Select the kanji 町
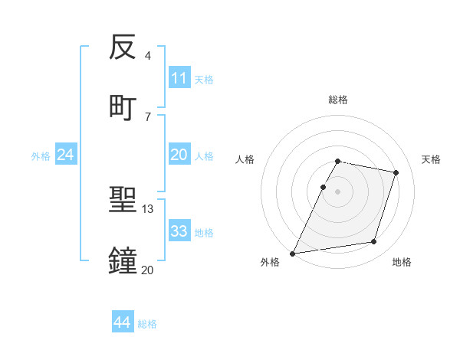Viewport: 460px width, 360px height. [x=123, y=106]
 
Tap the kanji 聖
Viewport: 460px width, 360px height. [x=123, y=201]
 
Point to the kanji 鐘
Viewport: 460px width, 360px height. [x=123, y=260]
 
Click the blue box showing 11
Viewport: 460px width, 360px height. [x=179, y=78]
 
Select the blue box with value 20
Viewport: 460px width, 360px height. [x=179, y=155]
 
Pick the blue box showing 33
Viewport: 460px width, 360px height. [x=179, y=231]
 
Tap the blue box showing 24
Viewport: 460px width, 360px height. [x=66, y=155]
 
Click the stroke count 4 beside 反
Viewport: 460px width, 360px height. [x=148, y=56]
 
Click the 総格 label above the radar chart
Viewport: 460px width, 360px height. [x=338, y=100]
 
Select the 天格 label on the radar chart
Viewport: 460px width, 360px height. [x=432, y=159]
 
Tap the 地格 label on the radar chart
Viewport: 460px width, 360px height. [x=402, y=262]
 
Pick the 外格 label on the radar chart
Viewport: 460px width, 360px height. [x=270, y=262]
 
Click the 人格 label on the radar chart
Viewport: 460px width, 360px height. [x=245, y=159]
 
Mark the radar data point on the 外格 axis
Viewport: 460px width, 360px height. [x=293, y=253]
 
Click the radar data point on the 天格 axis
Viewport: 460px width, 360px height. [x=396, y=172]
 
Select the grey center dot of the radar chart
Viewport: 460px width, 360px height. [x=338, y=191]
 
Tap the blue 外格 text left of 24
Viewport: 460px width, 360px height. [x=41, y=155]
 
